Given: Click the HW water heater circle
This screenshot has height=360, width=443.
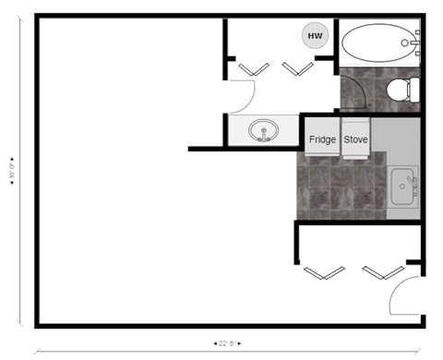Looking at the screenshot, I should coord(316,36).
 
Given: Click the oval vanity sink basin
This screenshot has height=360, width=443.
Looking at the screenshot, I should coord(265,131).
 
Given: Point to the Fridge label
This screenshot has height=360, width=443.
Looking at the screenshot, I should coord(322,139).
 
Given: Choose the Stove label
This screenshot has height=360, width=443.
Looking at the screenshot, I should coord(356,139).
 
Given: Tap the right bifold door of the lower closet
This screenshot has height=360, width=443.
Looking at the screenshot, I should coord(381,272).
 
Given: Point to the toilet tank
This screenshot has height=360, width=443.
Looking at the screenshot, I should coord(414,90).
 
